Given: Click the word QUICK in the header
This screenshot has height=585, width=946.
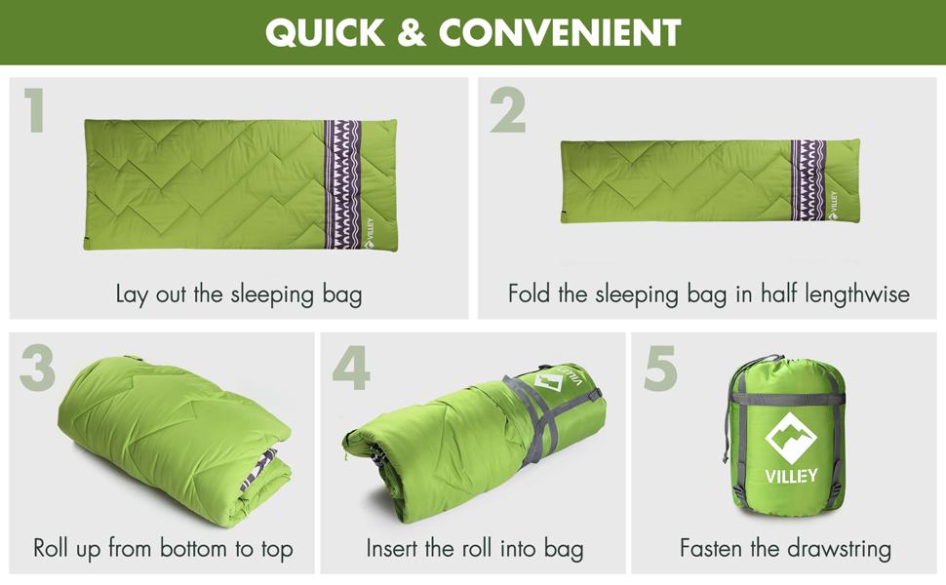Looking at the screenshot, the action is point(325,32).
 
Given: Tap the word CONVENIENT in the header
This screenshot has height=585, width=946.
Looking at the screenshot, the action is point(560,32).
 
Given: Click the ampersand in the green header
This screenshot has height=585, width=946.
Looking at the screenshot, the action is point(413,32).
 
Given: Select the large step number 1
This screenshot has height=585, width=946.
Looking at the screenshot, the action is point(34,109).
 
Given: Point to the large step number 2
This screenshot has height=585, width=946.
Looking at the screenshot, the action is point(507,109).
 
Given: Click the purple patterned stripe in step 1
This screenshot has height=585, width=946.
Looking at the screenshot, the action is point(342,184).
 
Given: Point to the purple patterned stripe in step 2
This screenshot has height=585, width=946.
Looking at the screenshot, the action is point(808,180).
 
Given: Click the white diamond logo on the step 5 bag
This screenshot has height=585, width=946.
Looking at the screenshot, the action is point(791,439).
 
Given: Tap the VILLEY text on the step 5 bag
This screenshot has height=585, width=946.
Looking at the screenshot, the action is point(791,476).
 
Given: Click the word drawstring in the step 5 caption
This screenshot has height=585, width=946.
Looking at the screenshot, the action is point(838,549).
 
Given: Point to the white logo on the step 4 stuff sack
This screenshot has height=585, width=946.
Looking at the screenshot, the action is point(548,382).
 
